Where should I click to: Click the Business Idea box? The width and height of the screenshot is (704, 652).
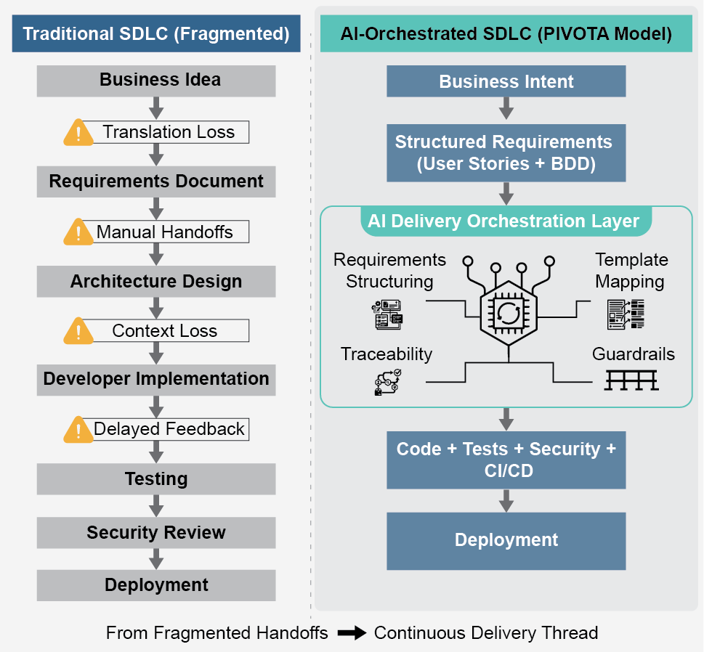156,81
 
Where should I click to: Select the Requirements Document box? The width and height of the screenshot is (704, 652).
156,182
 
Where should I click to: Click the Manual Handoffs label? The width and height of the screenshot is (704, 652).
165,232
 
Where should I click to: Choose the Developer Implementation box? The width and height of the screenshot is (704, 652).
156,379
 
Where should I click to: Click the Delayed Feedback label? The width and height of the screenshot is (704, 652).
169,429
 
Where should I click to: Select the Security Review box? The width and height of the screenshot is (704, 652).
156,533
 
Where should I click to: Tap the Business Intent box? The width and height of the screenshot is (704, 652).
506,81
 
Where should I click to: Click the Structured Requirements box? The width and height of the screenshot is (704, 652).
506,153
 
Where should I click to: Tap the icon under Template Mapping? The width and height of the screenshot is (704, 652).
625,314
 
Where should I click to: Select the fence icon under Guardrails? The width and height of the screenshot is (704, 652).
631,380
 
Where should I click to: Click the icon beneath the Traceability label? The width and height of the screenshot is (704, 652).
387,382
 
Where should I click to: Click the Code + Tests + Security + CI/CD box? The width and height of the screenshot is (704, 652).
506,460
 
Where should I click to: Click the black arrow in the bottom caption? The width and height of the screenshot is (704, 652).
352,633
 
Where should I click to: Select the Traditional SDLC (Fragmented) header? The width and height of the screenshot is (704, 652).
156,34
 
